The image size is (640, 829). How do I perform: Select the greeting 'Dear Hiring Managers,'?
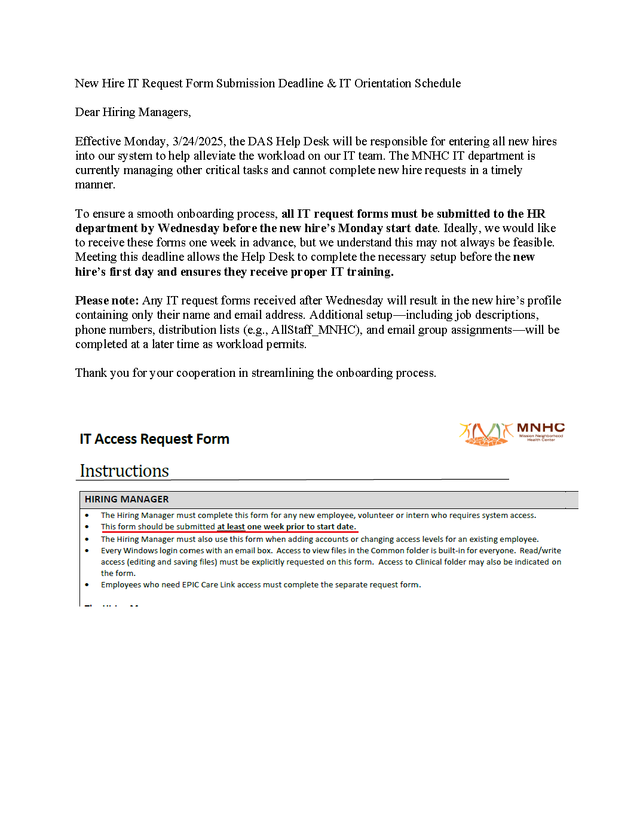click(133, 112)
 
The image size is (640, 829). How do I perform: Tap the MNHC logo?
click(512, 434)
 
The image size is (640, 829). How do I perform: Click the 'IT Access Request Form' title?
click(154, 439)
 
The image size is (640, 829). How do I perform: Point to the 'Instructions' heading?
click(124, 471)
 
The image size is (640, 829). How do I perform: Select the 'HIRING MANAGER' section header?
click(127, 499)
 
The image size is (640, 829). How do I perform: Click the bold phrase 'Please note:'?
click(107, 301)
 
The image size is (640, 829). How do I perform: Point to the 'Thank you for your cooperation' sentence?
click(255, 373)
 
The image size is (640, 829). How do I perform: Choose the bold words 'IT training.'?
click(362, 272)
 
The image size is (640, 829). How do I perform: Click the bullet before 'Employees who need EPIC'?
click(87, 585)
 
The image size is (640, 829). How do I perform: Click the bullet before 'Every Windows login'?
click(87, 551)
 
